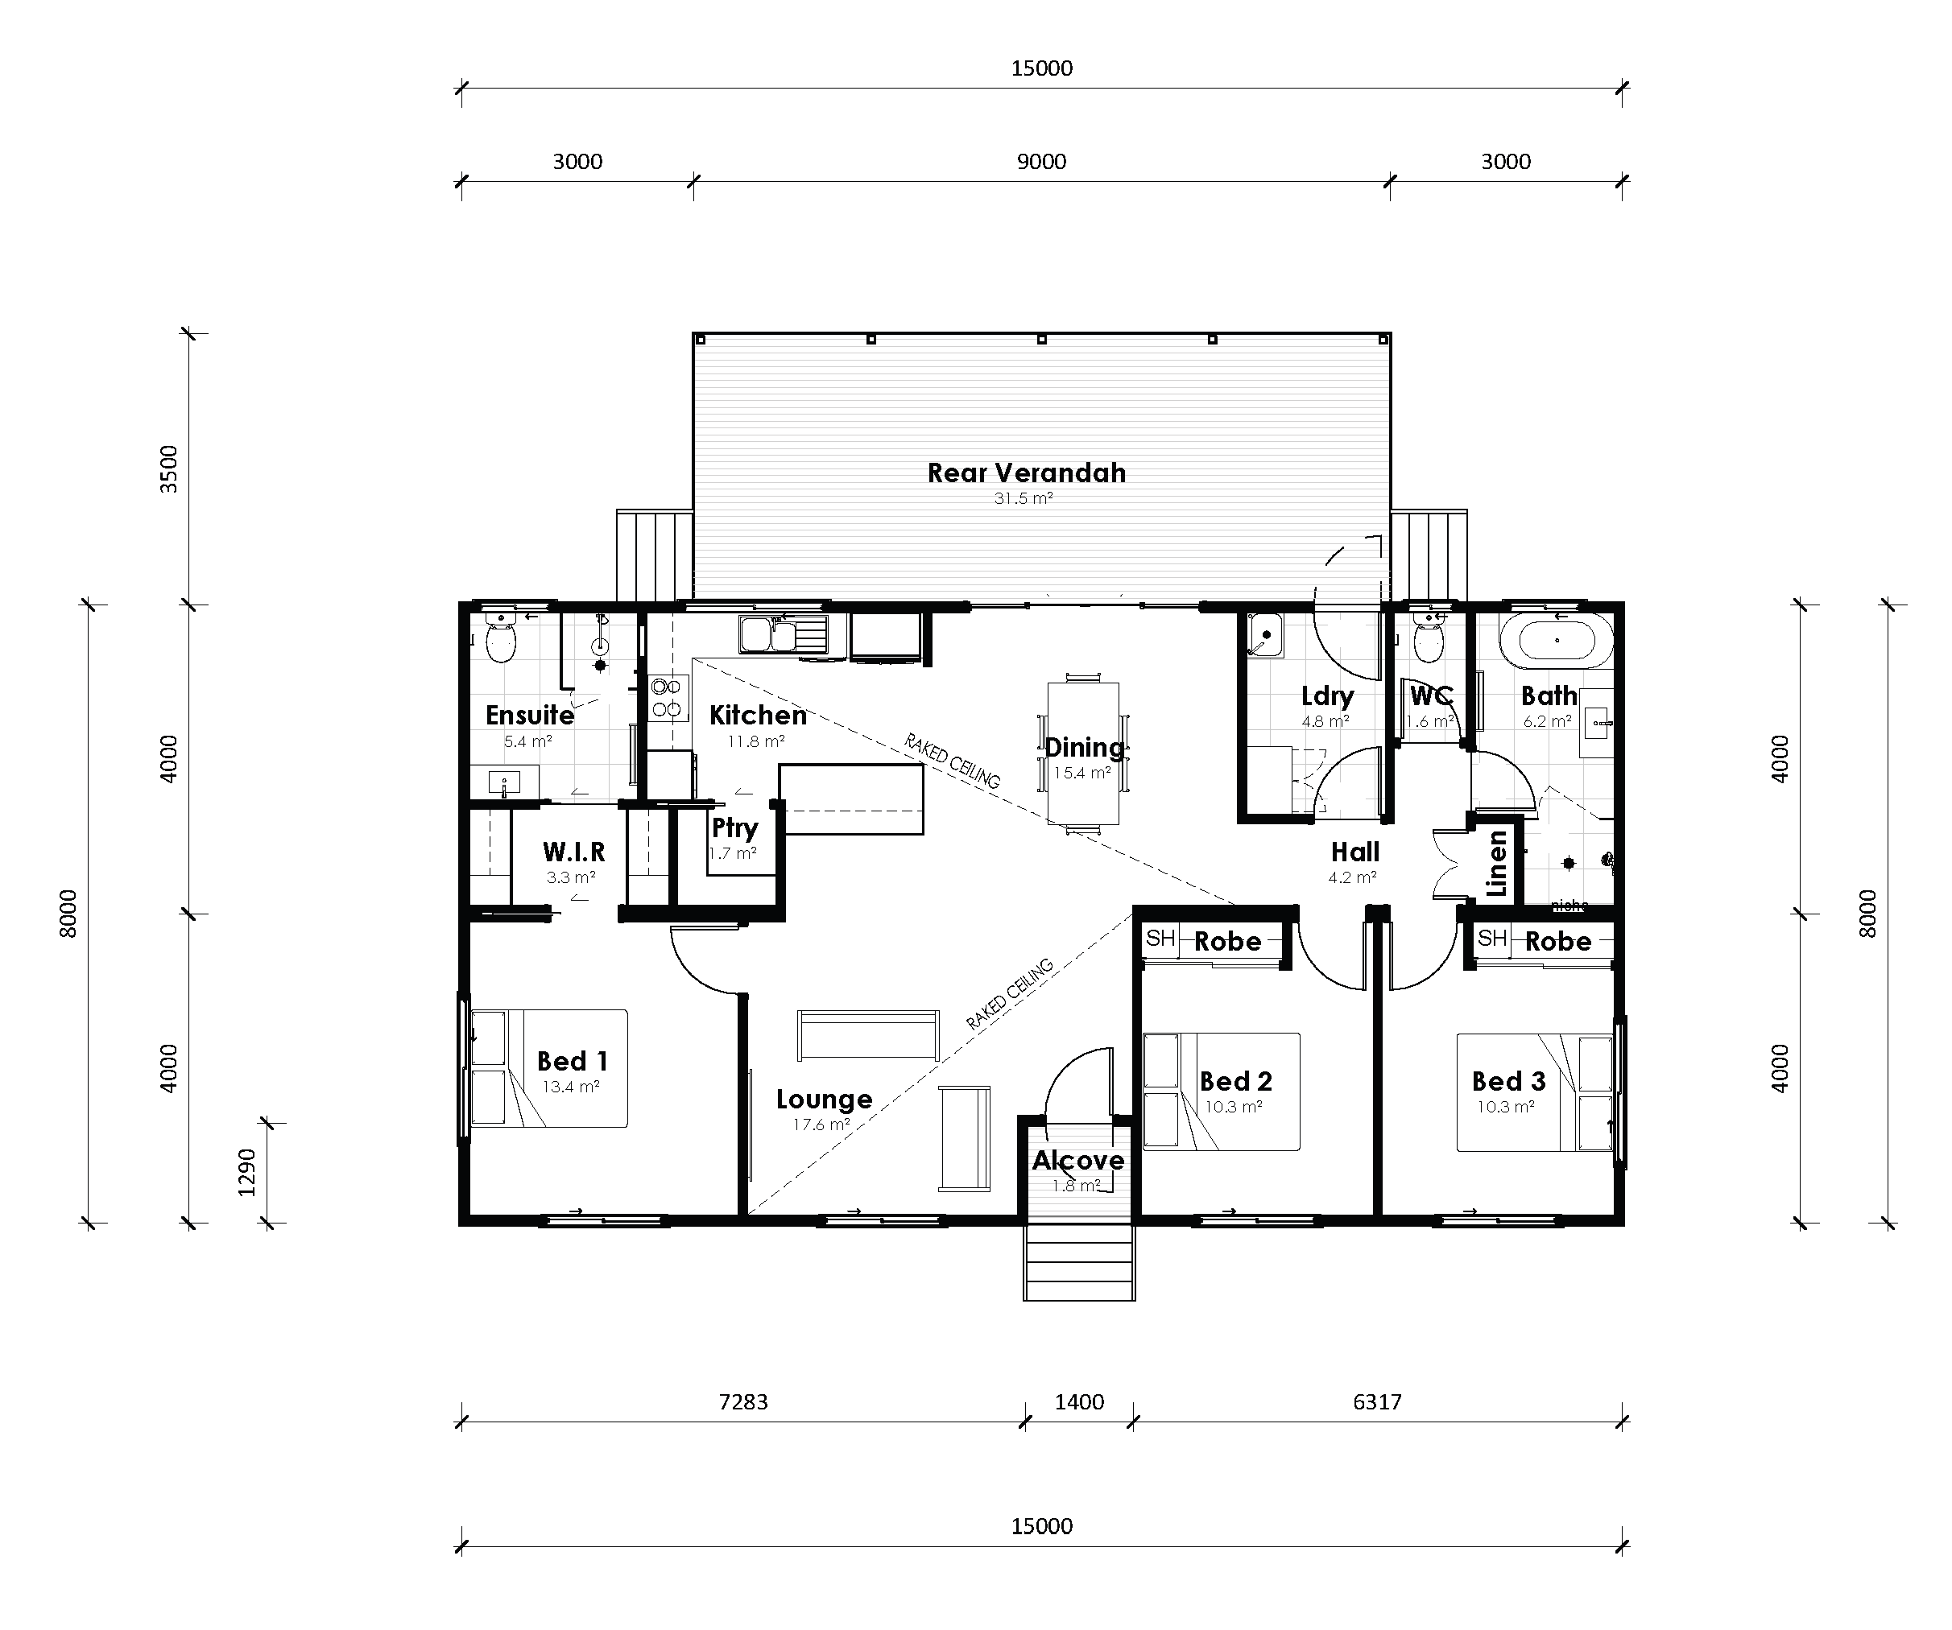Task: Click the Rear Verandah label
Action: (1026, 473)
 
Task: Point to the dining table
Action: (1083, 753)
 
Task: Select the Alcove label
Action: (1078, 1160)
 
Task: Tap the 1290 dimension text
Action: (246, 1172)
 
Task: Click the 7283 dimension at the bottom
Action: (742, 1401)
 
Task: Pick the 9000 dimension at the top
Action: (1041, 162)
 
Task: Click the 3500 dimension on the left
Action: (168, 468)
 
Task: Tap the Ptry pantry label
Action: (734, 827)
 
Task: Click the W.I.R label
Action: (573, 852)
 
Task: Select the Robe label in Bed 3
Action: (1558, 942)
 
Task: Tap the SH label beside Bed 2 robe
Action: (1160, 939)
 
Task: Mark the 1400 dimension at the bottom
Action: (1079, 1401)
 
